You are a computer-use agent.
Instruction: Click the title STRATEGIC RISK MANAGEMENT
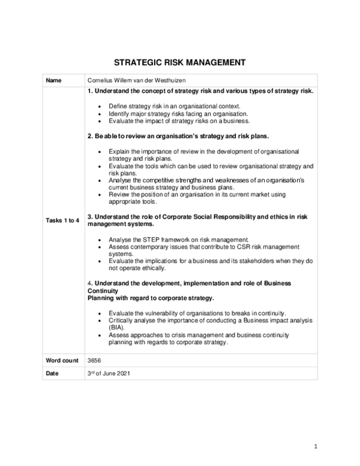pyautogui.click(x=180, y=62)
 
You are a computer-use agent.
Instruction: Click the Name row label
pyautogui.click(x=54, y=80)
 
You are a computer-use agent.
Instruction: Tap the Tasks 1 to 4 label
pyautogui.click(x=63, y=220)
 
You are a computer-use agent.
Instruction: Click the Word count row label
pyautogui.click(x=62, y=360)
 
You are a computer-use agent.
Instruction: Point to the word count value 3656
pyautogui.click(x=94, y=360)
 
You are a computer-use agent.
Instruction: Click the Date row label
pyautogui.click(x=53, y=373)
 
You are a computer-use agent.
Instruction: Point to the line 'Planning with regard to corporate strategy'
pyautogui.click(x=151, y=297)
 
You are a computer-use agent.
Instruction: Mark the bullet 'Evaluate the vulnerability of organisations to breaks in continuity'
pyautogui.click(x=197, y=313)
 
